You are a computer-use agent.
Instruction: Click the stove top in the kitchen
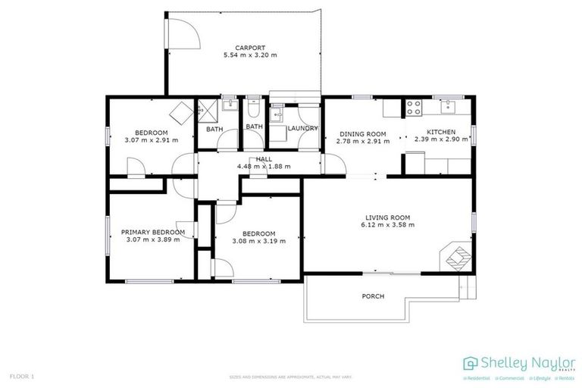pos(415,108)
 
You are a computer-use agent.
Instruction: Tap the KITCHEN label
pos(440,132)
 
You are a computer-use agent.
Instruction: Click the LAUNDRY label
pos(302,129)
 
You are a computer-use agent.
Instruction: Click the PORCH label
pos(373,296)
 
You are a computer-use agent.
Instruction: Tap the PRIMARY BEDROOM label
pos(152,232)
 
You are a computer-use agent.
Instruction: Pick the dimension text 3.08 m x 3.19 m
pos(258,241)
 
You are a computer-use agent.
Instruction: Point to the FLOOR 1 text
pos(21,376)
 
